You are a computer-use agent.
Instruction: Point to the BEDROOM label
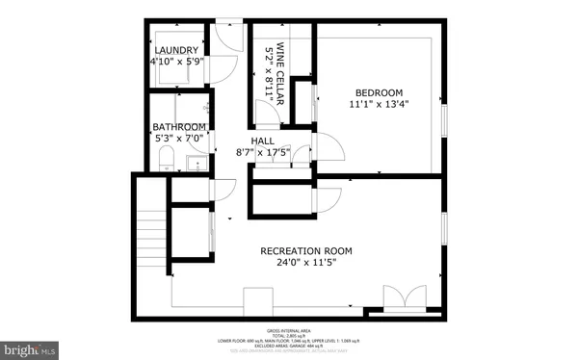pyautogui.click(x=376, y=93)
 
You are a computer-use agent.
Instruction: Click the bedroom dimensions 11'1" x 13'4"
pyautogui.click(x=376, y=108)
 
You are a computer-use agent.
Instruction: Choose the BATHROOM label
pyautogui.click(x=179, y=127)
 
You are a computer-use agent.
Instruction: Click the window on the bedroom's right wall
pyautogui.click(x=444, y=117)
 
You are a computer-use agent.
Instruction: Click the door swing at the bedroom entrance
pyautogui.click(x=328, y=149)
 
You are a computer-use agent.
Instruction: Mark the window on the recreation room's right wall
pyautogui.click(x=444, y=229)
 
